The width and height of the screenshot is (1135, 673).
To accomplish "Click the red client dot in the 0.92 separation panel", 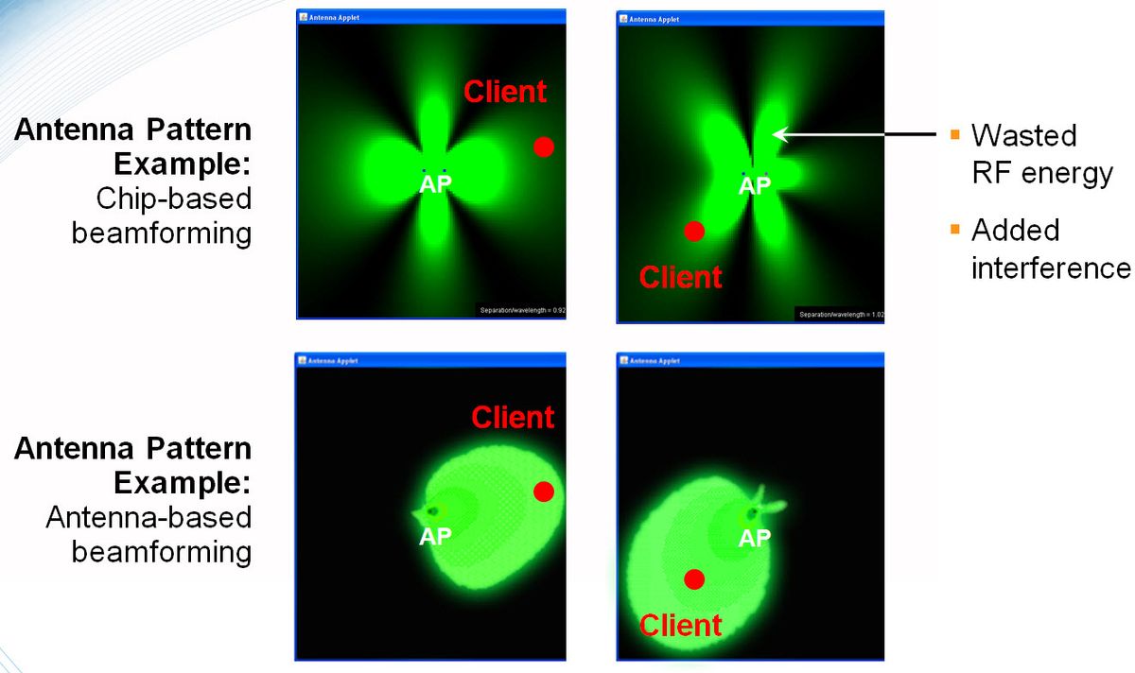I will click(543, 147).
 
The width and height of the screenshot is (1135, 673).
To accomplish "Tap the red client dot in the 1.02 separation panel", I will click(694, 231).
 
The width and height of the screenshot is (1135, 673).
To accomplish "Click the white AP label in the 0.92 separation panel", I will click(436, 184).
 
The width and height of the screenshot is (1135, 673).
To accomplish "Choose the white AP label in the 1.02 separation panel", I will click(755, 186).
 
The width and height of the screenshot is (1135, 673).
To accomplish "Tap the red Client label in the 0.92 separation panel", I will click(505, 92).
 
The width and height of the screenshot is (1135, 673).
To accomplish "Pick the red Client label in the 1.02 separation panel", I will click(681, 277).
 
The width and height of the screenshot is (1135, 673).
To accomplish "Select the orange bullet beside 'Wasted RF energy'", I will click(955, 135).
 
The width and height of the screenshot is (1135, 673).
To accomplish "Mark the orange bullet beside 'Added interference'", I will click(955, 230).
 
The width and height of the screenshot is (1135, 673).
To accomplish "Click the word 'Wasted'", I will click(1024, 135).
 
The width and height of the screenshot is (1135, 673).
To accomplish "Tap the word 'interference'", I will click(1051, 267).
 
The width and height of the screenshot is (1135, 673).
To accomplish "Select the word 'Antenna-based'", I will click(148, 517).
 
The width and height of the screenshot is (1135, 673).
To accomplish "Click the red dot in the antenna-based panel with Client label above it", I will click(543, 492).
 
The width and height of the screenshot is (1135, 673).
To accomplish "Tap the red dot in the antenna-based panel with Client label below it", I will click(694, 579).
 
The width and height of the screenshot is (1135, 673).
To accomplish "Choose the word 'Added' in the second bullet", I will click(1016, 230).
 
